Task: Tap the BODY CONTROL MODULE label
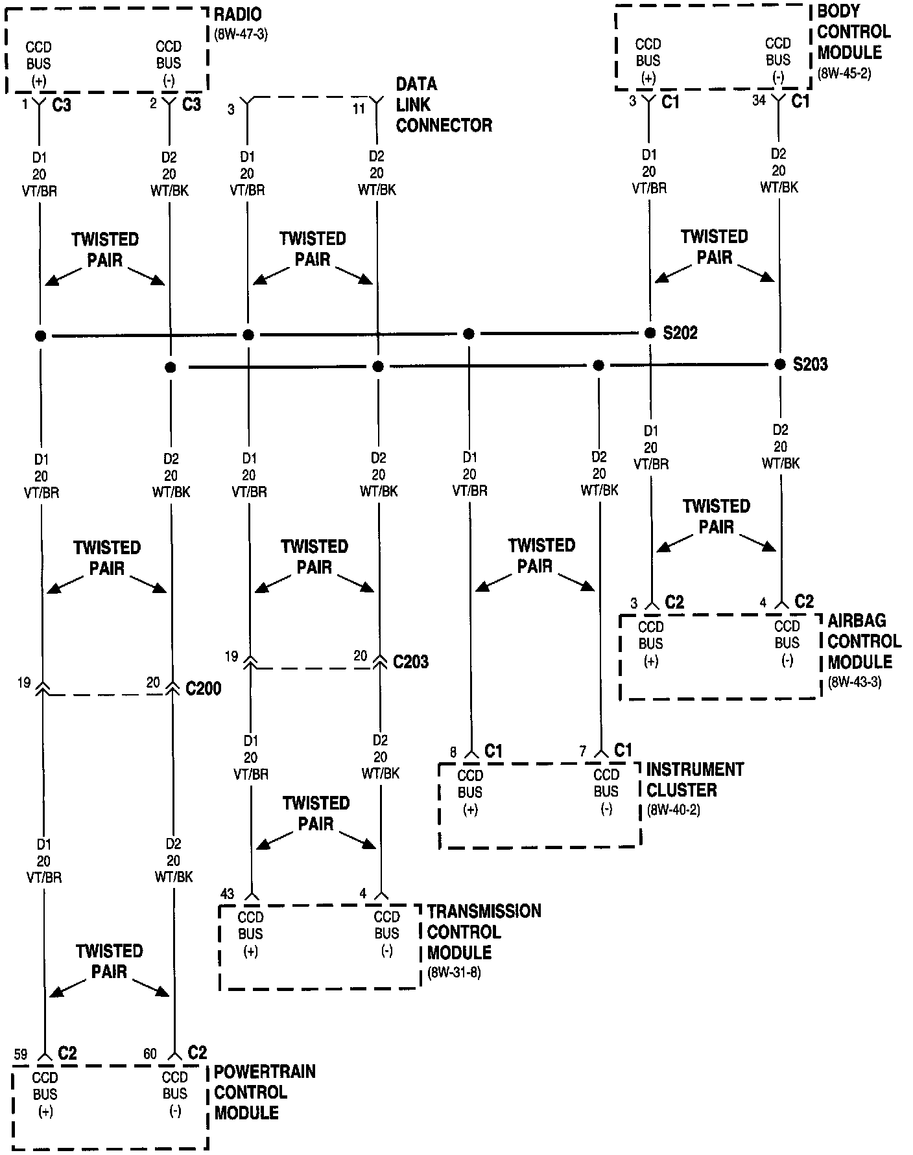tap(853, 32)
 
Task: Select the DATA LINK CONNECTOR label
tap(444, 105)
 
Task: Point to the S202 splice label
tap(680, 333)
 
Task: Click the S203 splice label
tap(811, 364)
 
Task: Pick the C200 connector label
tap(203, 688)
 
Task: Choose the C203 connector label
tap(410, 662)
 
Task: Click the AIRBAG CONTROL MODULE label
tap(864, 641)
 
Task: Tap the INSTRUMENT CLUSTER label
tap(694, 780)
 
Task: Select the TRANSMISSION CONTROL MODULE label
tap(483, 931)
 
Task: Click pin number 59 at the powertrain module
tap(21, 1055)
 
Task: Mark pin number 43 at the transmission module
tap(227, 894)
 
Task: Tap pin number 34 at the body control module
tap(759, 100)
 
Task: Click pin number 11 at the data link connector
tap(359, 109)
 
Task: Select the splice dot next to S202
tap(650, 333)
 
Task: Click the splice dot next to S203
tap(780, 364)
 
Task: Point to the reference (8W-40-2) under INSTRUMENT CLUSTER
tap(673, 810)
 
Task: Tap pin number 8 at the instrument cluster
tap(453, 752)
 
